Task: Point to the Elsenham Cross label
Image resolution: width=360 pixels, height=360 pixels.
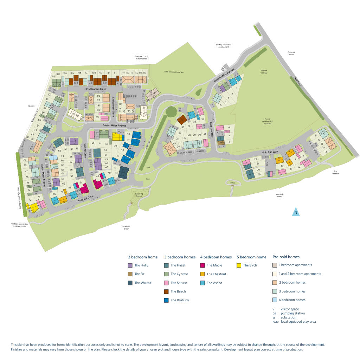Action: pos(291,53)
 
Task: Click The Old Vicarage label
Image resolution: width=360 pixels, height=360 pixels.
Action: pos(264,72)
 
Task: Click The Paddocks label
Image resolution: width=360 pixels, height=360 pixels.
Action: pos(333,173)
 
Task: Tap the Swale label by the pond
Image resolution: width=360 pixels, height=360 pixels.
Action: pos(232,183)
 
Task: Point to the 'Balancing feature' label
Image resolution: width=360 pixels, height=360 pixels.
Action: pos(139,194)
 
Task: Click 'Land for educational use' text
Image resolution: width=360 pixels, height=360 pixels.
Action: pos(174,72)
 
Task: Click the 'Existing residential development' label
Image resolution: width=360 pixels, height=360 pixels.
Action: pos(224,46)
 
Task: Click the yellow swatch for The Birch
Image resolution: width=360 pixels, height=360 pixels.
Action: pos(239,265)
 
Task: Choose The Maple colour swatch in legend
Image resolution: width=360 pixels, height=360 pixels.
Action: pos(203,265)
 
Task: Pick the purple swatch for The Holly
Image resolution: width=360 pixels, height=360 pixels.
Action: pos(130,265)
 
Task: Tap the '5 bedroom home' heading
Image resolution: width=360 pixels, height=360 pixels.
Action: pos(251,257)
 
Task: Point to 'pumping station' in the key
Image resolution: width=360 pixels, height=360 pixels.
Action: pos(293,313)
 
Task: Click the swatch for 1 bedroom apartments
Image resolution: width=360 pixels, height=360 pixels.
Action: pos(275,265)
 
